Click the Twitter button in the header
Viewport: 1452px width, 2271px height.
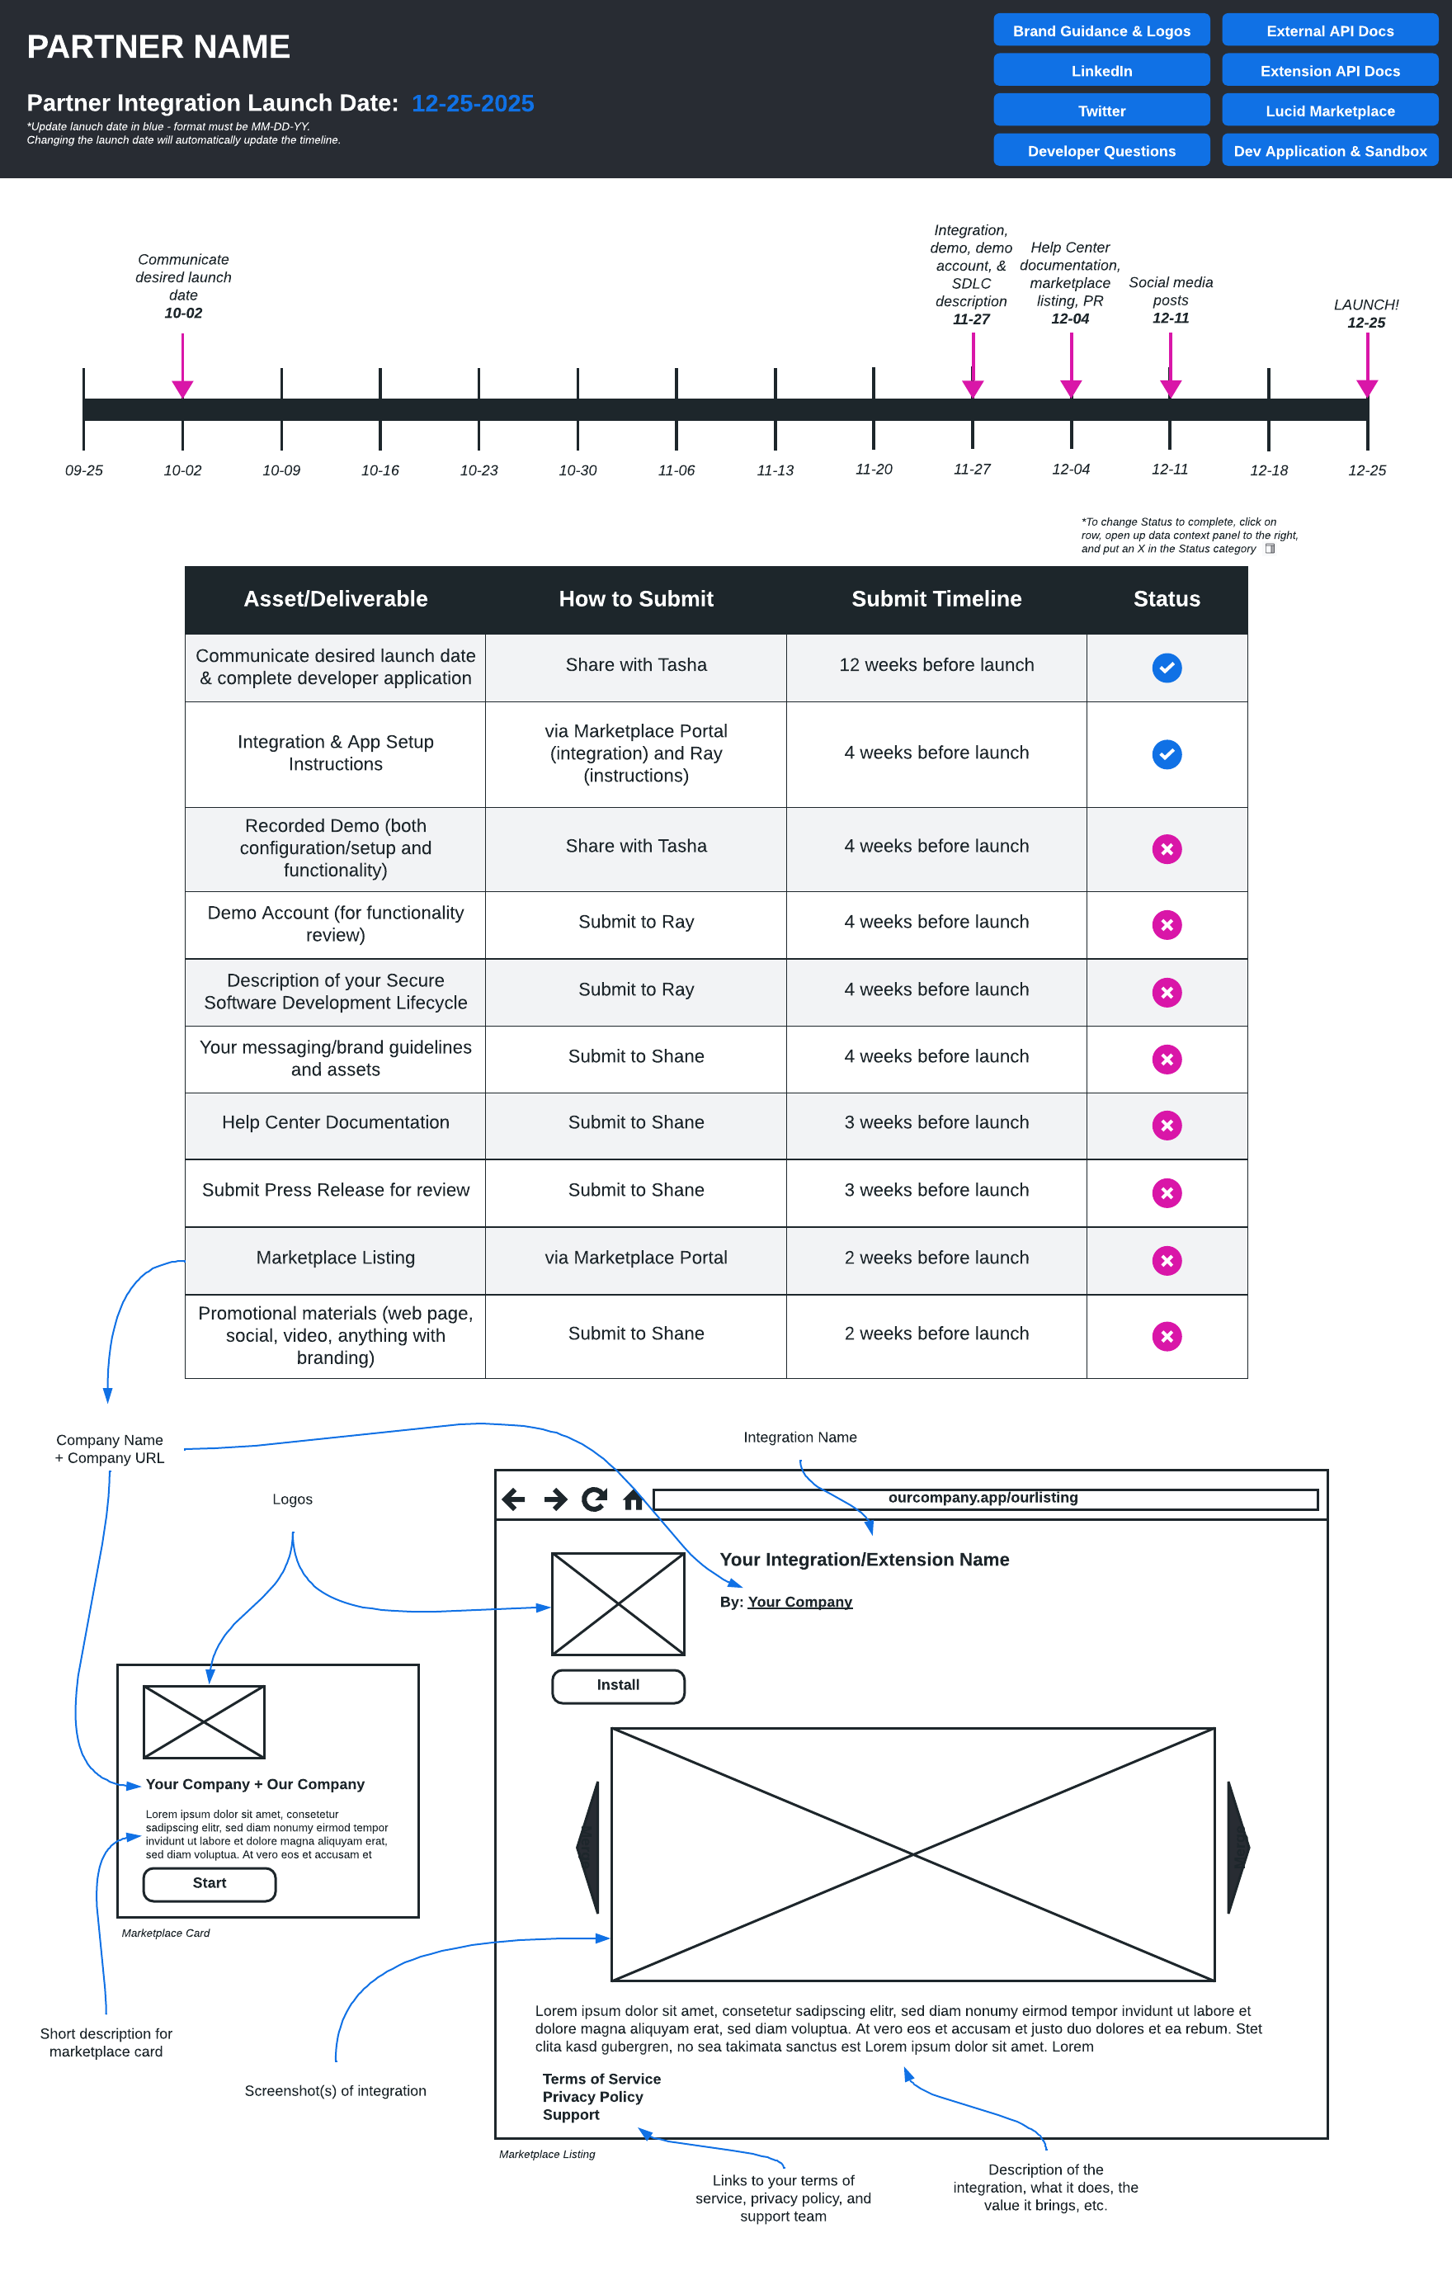[1101, 111]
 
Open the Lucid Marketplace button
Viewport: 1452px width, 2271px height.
[1328, 111]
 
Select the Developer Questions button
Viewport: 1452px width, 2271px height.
[1101, 151]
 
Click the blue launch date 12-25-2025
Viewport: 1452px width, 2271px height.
[473, 103]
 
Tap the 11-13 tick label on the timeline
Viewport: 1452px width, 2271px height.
[774, 470]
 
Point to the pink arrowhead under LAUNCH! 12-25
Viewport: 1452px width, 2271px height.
[1366, 388]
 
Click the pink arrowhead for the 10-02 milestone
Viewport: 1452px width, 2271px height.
[183, 389]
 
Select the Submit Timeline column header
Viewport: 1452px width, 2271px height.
[936, 599]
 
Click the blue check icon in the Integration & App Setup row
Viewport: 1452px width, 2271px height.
[1167, 753]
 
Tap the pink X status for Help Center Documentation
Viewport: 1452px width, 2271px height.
[1167, 1125]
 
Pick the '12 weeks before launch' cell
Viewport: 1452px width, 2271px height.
[936, 665]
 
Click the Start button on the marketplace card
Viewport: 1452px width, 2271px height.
[210, 1883]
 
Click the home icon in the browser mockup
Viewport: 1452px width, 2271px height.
[633, 1499]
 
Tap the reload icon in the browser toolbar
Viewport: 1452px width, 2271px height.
[594, 1499]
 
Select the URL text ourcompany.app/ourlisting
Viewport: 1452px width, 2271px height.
[983, 1498]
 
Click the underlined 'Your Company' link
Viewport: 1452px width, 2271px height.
[799, 1602]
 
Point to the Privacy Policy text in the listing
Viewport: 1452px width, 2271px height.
[592, 2097]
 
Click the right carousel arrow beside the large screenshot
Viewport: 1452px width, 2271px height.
[1237, 1847]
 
